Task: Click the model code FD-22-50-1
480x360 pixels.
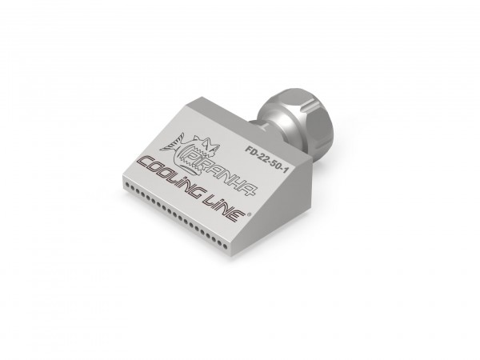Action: tap(266, 159)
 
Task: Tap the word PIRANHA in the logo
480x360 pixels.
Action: tap(221, 174)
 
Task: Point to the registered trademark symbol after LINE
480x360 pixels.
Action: tap(249, 214)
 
